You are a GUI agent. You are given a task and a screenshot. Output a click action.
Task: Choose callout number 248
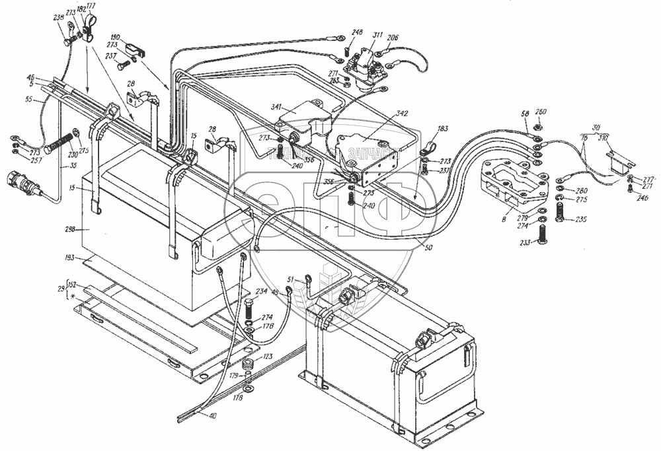click(x=357, y=32)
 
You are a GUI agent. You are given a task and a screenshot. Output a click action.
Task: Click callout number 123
click(x=266, y=357)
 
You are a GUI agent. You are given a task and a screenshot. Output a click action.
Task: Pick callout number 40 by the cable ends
click(x=212, y=417)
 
